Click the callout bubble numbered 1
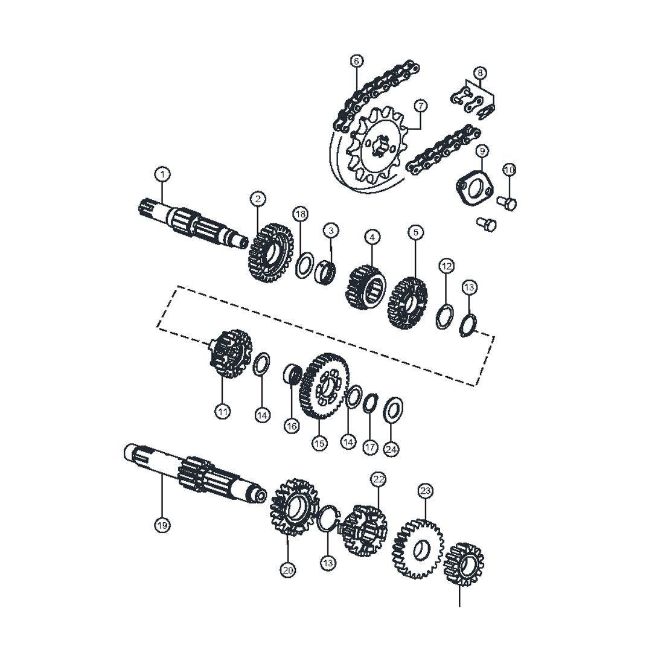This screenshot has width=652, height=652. (x=162, y=174)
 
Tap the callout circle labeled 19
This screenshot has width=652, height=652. (x=162, y=526)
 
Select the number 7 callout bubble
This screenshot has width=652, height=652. (x=421, y=106)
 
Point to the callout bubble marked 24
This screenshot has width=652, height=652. (x=391, y=449)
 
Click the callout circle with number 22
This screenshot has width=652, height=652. (x=379, y=479)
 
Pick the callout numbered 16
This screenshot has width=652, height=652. (x=292, y=426)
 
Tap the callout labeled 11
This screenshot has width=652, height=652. (x=222, y=412)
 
